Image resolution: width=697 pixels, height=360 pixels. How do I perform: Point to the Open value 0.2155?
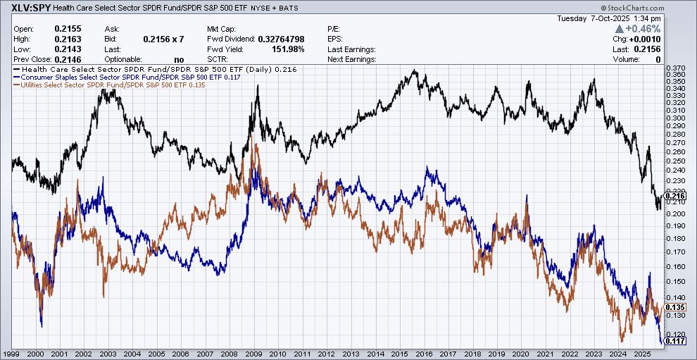(68, 29)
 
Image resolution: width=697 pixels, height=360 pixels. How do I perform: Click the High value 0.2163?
(68, 39)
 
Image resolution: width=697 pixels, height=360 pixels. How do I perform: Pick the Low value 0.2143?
(68, 49)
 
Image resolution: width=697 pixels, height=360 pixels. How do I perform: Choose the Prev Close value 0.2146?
(68, 60)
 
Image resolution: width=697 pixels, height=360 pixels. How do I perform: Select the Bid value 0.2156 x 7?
(164, 39)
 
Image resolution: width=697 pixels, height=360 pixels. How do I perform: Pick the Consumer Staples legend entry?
(130, 77)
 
